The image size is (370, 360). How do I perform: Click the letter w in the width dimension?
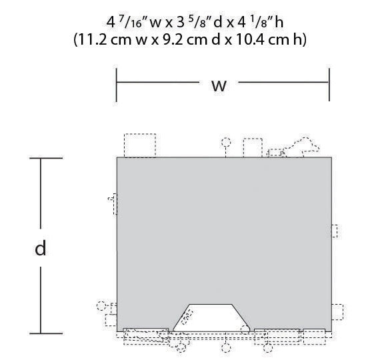click(219, 86)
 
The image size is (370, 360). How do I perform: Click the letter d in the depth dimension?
click(41, 247)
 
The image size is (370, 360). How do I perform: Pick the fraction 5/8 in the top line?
click(198, 23)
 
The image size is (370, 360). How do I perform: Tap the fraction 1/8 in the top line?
click(259, 23)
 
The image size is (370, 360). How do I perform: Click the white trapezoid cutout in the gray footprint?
click(211, 319)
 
